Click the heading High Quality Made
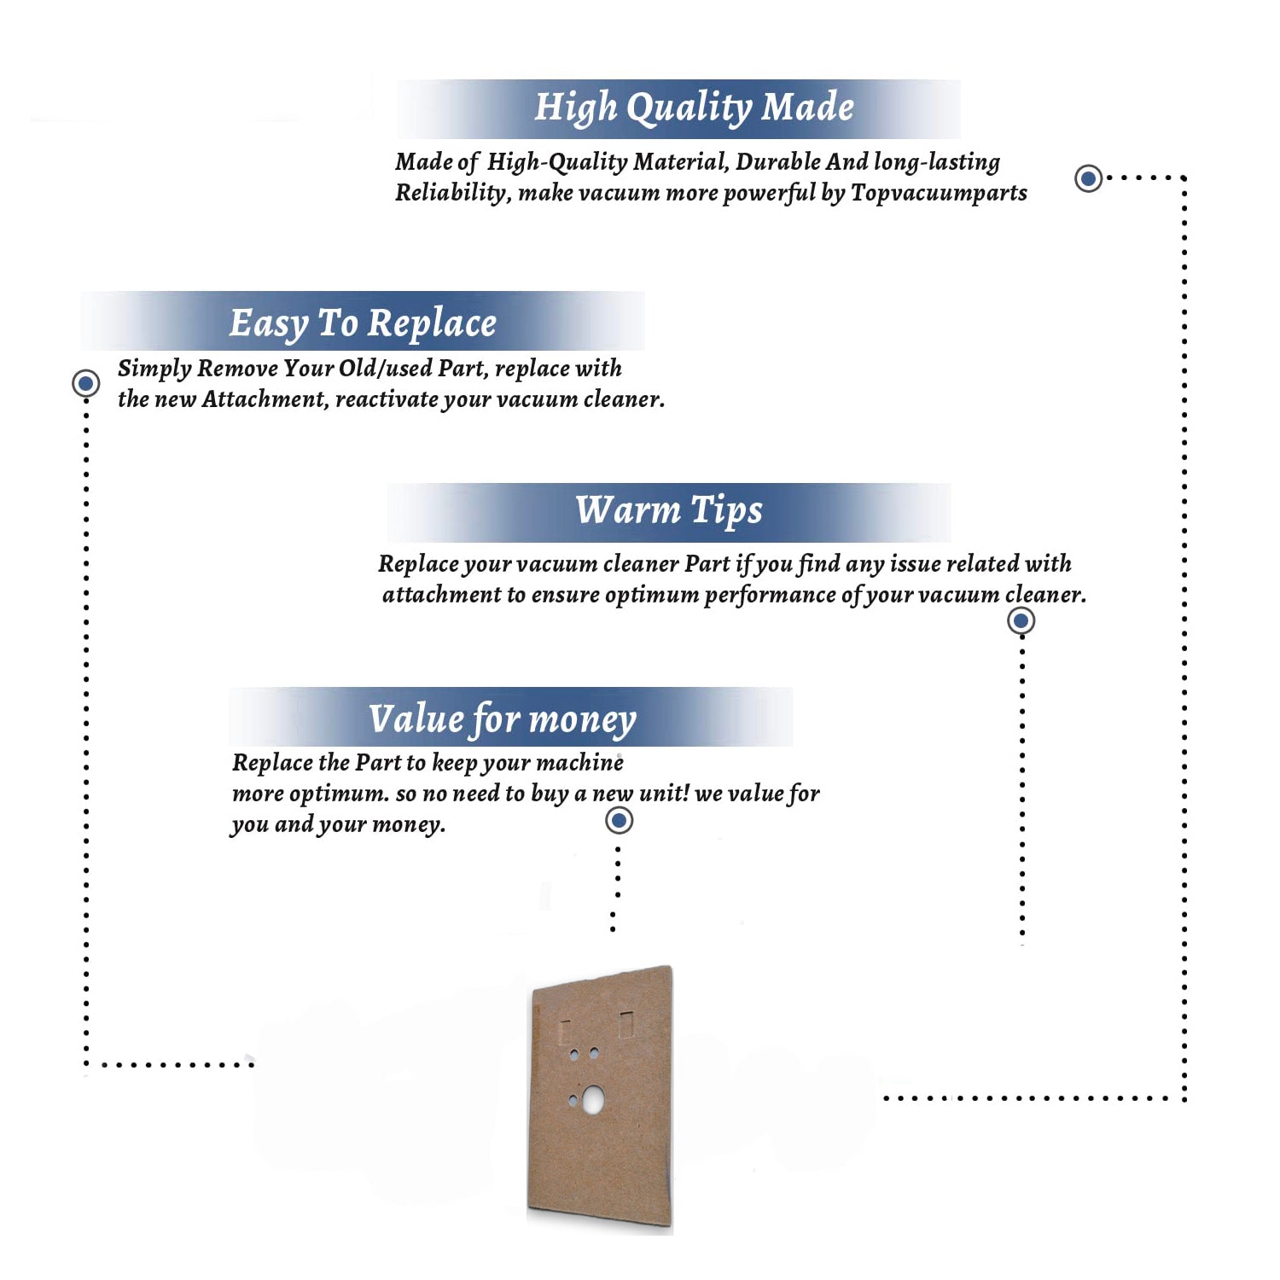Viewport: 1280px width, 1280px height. tap(694, 108)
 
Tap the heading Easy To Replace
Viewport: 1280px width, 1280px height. tap(363, 324)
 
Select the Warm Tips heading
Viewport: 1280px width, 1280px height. tap(669, 511)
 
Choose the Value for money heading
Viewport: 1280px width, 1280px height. tap(503, 719)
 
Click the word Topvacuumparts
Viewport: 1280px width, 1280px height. tap(939, 194)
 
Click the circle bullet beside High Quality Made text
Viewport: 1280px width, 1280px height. tap(1088, 178)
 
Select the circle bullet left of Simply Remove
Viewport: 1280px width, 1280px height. tap(85, 383)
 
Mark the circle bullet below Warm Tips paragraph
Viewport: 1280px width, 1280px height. tap(1021, 620)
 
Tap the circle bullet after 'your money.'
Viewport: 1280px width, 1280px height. tap(619, 821)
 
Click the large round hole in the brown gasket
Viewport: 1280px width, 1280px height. tap(591, 1099)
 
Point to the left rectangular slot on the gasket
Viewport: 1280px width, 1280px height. tap(565, 1031)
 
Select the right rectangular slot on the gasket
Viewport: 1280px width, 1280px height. tap(626, 1024)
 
